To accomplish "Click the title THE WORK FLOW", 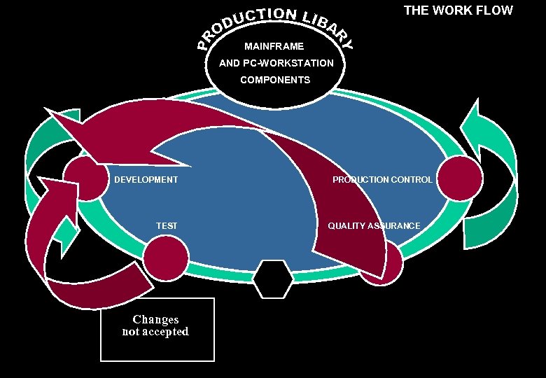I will pos(458,10).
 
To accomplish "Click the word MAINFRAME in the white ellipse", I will pos(274,47).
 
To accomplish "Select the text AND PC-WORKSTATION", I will pos(276,63).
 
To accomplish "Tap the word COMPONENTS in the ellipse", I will pos(275,80).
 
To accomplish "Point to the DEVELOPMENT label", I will pos(146,180).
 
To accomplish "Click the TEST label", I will pos(167,225).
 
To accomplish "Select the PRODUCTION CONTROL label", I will pos(382,180).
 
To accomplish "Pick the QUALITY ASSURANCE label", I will pos(374,225).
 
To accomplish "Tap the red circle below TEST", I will pos(166,257).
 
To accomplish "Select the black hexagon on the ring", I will pos(273,279).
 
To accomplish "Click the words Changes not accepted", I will pos(155,325).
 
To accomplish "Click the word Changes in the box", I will pos(155,319).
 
